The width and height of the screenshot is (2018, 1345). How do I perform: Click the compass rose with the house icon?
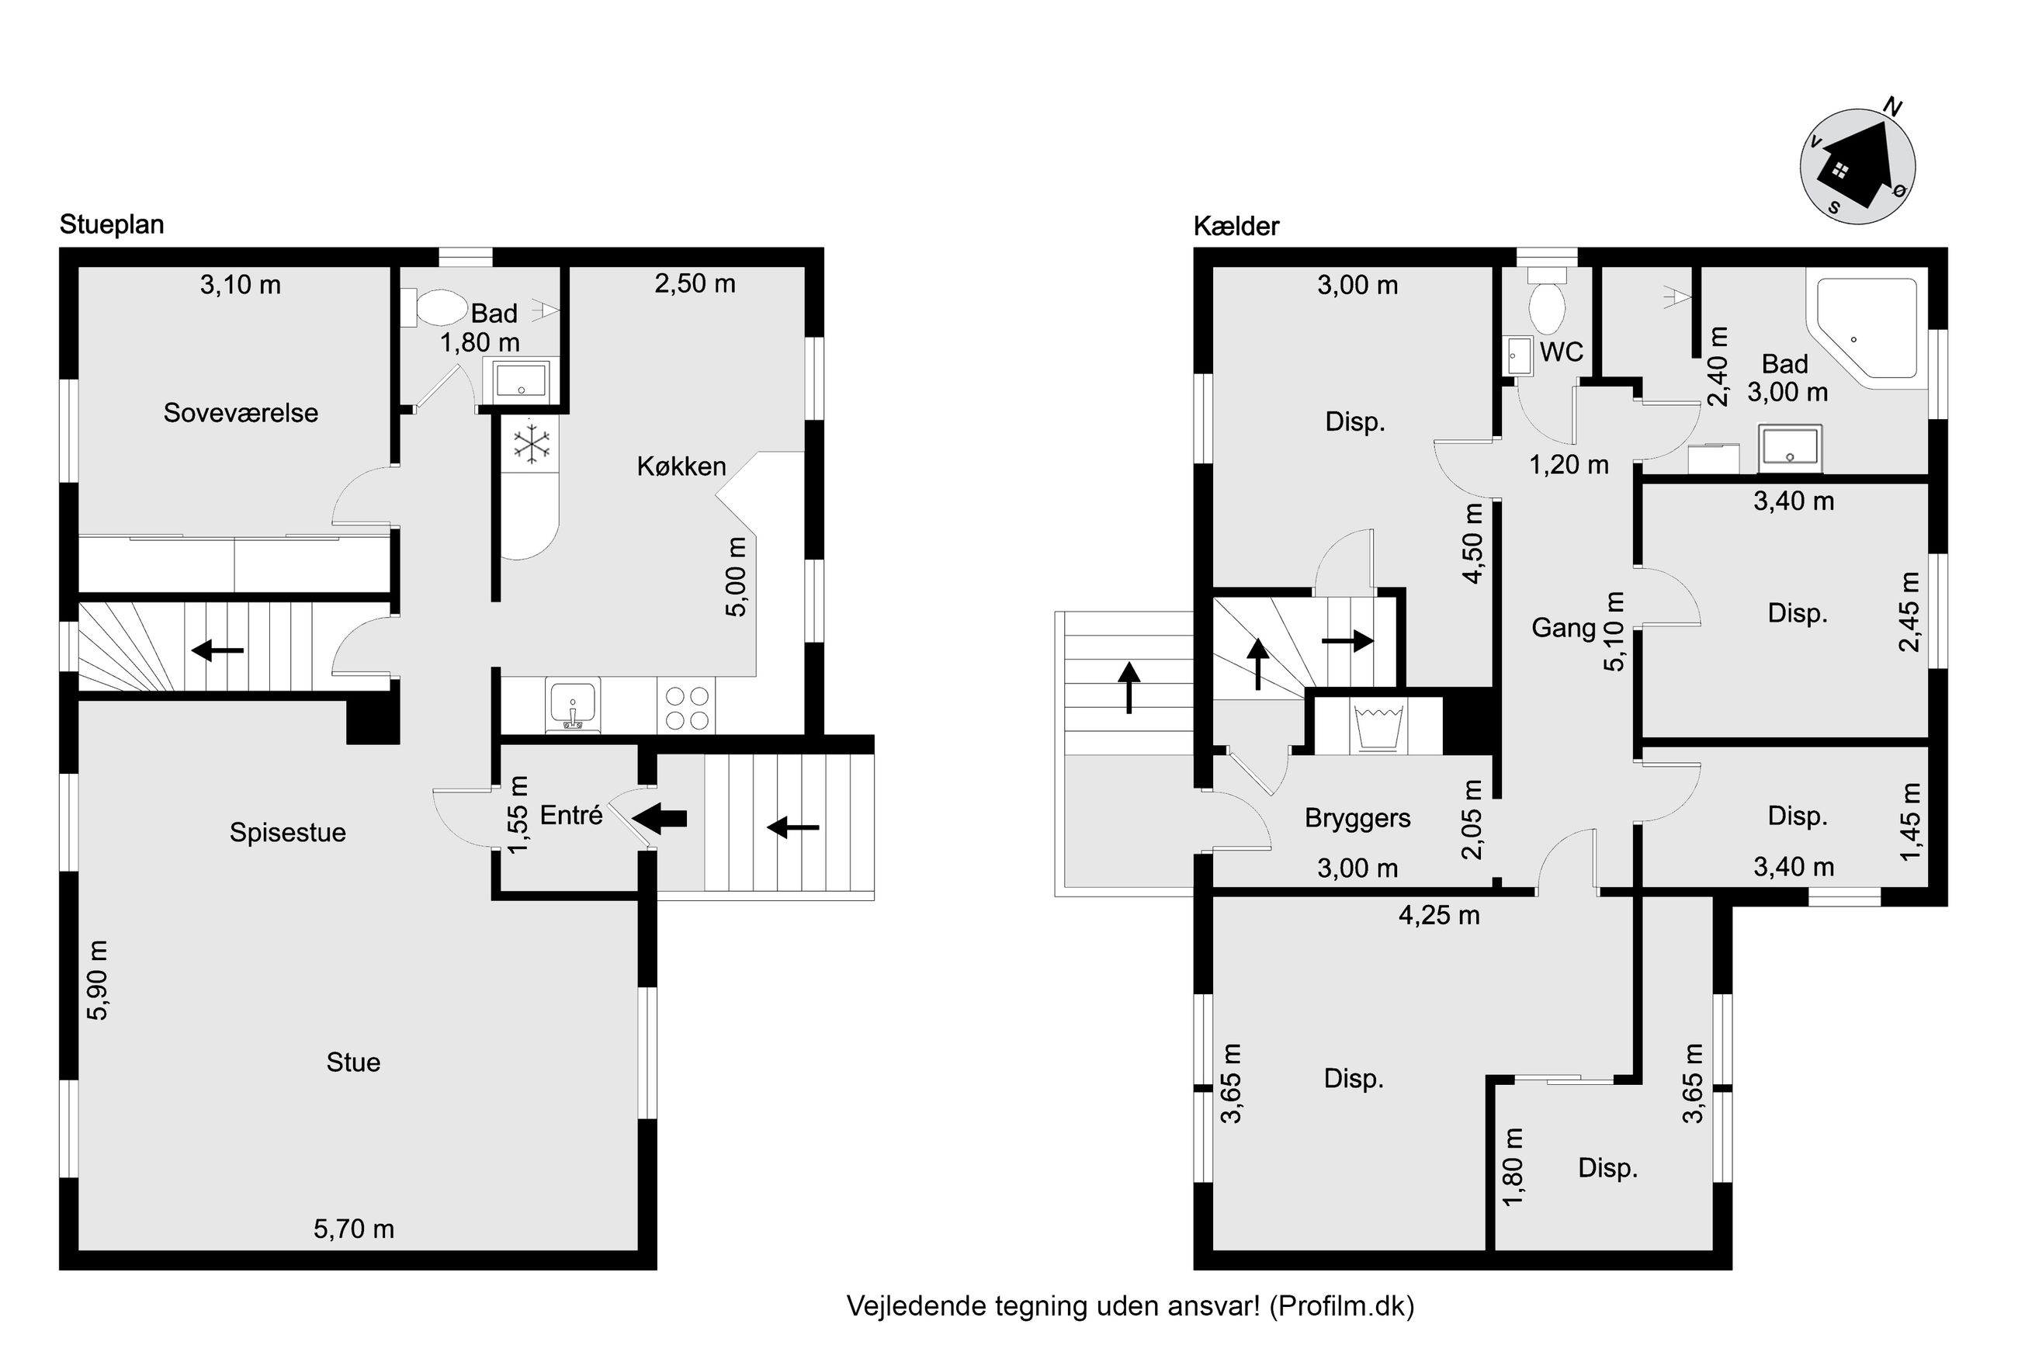tap(1857, 166)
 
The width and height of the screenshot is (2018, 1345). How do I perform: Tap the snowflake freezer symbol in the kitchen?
tap(532, 443)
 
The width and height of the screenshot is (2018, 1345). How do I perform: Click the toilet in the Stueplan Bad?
tap(438, 307)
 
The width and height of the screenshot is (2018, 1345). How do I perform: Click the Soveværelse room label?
tap(241, 413)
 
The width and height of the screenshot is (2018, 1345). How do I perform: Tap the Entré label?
tap(571, 815)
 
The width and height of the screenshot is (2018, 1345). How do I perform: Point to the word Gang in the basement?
tap(1563, 628)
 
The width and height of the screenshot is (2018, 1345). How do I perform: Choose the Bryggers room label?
tap(1357, 818)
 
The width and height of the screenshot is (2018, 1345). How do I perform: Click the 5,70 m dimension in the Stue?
tap(353, 1229)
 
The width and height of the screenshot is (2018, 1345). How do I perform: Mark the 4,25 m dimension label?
tap(1439, 915)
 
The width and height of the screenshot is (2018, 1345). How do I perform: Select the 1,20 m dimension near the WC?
tap(1569, 465)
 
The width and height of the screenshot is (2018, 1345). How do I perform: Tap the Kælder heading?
tap(1236, 227)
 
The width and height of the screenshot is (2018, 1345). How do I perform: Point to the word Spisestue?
tap(288, 833)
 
